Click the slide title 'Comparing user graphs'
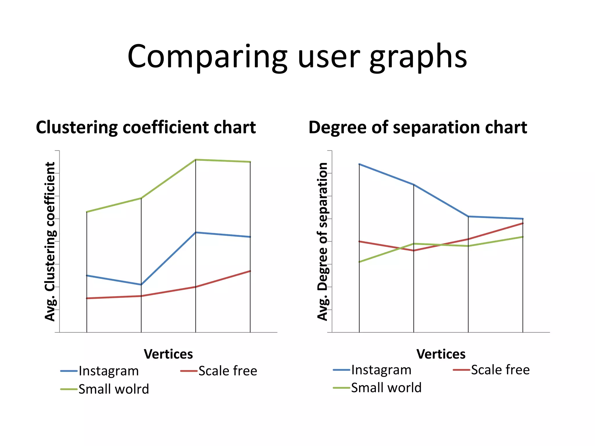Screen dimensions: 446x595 click(297, 57)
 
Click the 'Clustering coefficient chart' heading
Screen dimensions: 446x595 click(146, 127)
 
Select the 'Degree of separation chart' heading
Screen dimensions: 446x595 click(417, 127)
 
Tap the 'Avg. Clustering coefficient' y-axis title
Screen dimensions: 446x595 click(50, 241)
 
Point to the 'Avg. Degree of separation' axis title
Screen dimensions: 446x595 click(322, 241)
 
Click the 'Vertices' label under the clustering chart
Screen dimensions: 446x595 click(168, 354)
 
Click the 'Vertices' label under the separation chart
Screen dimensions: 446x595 click(441, 354)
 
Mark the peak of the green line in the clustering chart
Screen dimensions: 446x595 click(196, 160)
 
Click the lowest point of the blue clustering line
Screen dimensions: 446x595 click(141, 285)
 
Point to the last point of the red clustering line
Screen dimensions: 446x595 click(250, 271)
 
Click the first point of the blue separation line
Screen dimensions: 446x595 click(359, 164)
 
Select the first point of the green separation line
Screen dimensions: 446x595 click(359, 262)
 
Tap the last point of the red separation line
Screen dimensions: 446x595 click(523, 223)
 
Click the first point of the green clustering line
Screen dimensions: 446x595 click(87, 212)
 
